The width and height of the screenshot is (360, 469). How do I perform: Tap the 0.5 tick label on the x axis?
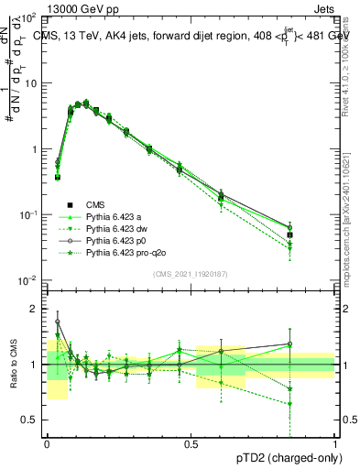click(191, 443)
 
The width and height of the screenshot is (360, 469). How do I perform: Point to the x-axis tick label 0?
click(48, 443)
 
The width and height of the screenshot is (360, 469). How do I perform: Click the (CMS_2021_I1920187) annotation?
click(191, 274)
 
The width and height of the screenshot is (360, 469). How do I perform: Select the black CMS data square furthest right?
click(289, 235)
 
